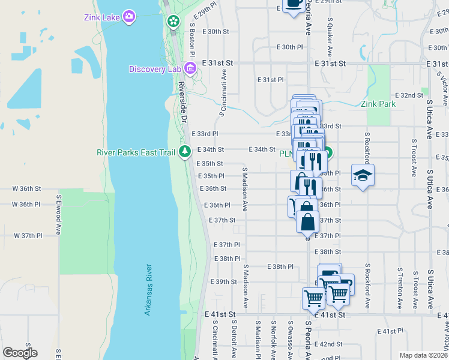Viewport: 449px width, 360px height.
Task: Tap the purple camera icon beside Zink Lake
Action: click(x=128, y=16)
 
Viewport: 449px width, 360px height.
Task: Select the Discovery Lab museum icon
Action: click(x=190, y=68)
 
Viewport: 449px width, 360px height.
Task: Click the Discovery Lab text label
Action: click(x=155, y=69)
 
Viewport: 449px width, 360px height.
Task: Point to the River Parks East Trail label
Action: click(x=136, y=152)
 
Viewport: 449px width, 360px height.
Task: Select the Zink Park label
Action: click(x=378, y=104)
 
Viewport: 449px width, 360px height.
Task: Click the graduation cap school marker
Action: click(x=363, y=175)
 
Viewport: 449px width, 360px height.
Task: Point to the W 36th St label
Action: click(x=27, y=188)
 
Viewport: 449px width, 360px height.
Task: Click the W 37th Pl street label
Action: click(x=28, y=236)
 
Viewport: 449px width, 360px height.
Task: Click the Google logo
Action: click(x=20, y=353)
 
